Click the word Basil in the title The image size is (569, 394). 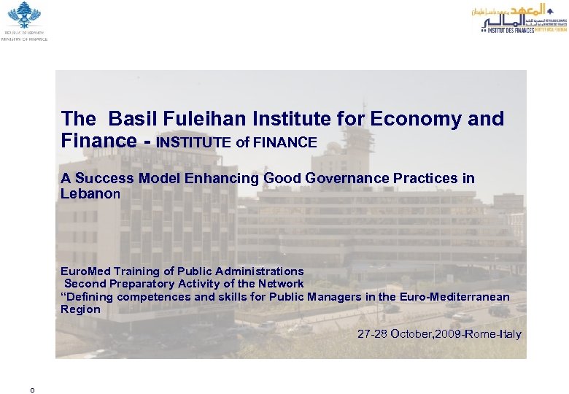point(134,118)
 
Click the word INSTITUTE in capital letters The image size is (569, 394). point(195,142)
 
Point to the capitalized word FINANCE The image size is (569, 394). point(285,142)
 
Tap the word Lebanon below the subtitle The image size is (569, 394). point(90,194)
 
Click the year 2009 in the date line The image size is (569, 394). point(459,335)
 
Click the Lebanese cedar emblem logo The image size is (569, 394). point(24,15)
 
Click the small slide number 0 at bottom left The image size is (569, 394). point(31,390)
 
